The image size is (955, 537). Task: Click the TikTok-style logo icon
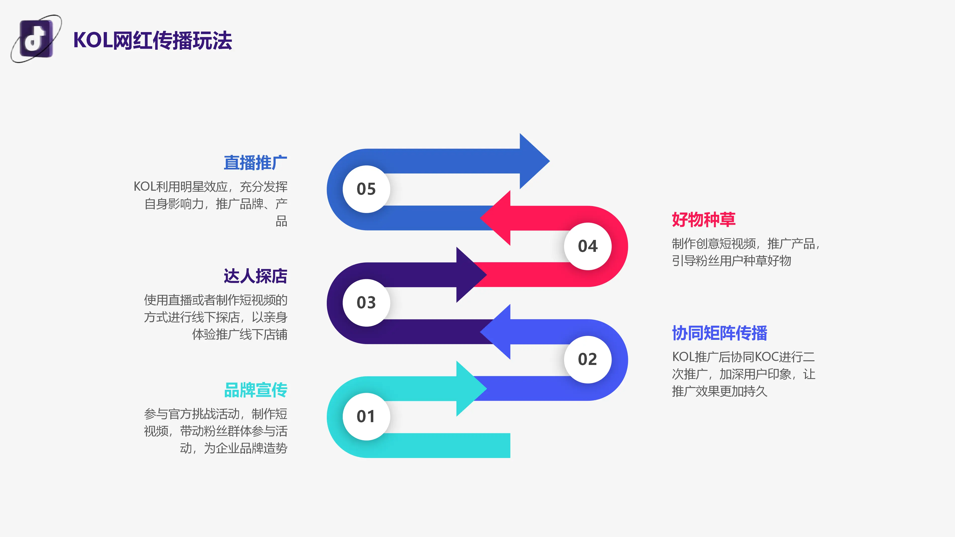[x=36, y=39]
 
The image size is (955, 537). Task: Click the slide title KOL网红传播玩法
[x=152, y=40]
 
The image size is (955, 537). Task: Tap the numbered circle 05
[x=366, y=189]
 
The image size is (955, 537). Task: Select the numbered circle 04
[x=588, y=246]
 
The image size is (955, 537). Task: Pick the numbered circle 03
[x=366, y=303]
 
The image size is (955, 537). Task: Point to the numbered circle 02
[x=588, y=359]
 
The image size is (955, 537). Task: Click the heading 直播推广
[x=255, y=163]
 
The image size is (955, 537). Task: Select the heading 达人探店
[x=255, y=276]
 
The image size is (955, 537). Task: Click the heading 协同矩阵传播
[x=719, y=333]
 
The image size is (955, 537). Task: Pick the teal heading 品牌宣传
[x=255, y=390]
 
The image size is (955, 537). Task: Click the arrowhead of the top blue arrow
[x=534, y=161]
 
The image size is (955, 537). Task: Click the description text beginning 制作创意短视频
[x=746, y=252]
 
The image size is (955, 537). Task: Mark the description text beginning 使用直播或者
[x=215, y=317]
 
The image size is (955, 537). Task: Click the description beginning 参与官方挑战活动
[x=215, y=431]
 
